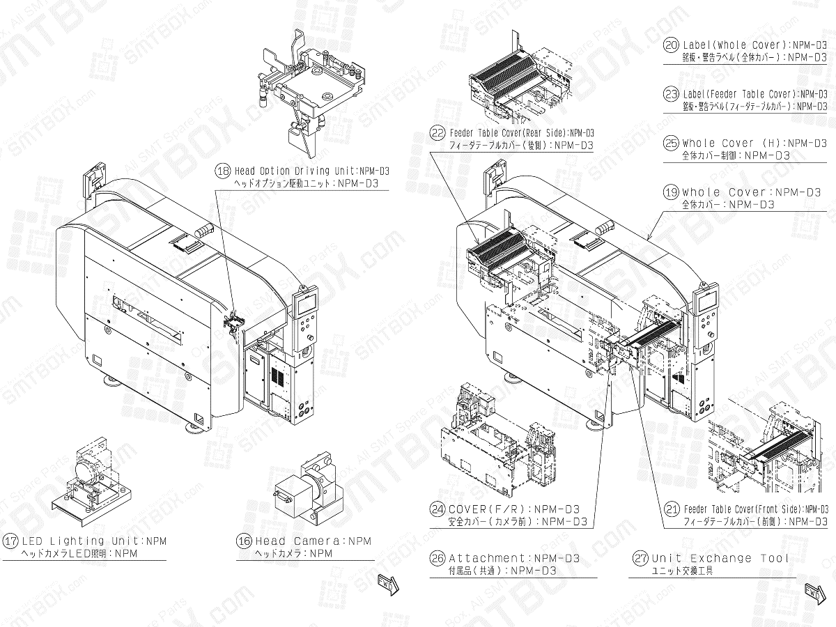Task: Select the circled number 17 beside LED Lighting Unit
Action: click(x=11, y=541)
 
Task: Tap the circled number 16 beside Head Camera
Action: click(x=245, y=541)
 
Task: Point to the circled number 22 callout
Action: click(x=438, y=132)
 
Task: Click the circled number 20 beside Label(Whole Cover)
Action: click(x=671, y=45)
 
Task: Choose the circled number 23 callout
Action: click(x=671, y=94)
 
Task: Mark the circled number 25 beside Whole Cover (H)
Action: click(x=671, y=144)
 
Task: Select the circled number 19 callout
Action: click(x=671, y=192)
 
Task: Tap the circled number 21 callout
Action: click(x=672, y=509)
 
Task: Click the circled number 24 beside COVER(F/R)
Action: click(x=438, y=509)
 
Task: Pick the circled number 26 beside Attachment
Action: click(x=438, y=558)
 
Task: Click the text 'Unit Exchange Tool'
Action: click(x=720, y=558)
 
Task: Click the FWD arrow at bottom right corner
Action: click(x=813, y=591)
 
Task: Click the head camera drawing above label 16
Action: click(x=307, y=491)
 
